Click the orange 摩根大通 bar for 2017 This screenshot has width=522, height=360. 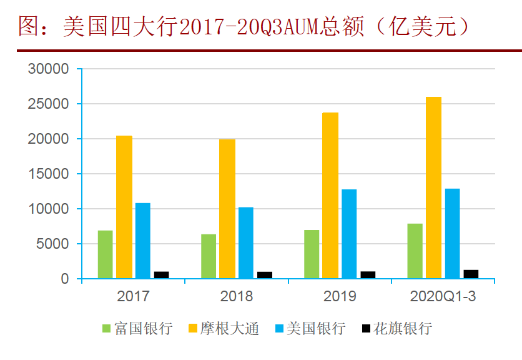(124, 207)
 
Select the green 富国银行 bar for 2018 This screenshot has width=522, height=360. (209, 256)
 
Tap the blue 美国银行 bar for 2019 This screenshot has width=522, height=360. (349, 234)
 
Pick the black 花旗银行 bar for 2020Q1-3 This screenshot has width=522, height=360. (471, 274)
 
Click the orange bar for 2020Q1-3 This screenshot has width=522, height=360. (433, 187)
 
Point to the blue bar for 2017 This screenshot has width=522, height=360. (143, 241)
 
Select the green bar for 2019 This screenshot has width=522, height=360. (312, 254)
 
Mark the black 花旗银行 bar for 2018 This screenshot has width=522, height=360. (265, 275)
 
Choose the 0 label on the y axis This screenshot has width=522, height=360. (64, 279)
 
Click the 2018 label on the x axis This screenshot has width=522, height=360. (237, 296)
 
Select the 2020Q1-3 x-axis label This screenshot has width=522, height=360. (443, 296)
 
